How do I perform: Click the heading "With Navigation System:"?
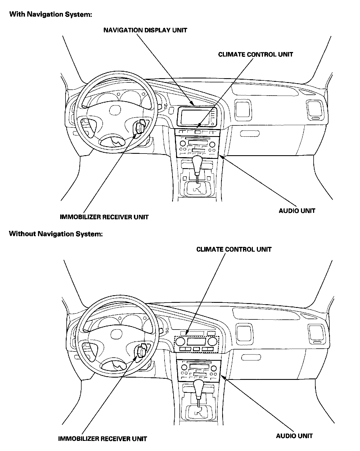[51, 14]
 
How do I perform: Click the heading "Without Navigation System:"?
[56, 234]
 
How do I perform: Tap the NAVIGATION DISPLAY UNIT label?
[145, 30]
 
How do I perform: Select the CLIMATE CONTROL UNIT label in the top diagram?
[255, 54]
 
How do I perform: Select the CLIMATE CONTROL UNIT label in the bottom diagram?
[234, 249]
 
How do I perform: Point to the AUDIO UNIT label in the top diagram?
[297, 211]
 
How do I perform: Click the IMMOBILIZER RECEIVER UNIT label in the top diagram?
[104, 217]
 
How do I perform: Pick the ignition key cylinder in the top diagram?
[140, 128]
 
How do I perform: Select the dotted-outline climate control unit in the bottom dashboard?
[197, 344]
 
